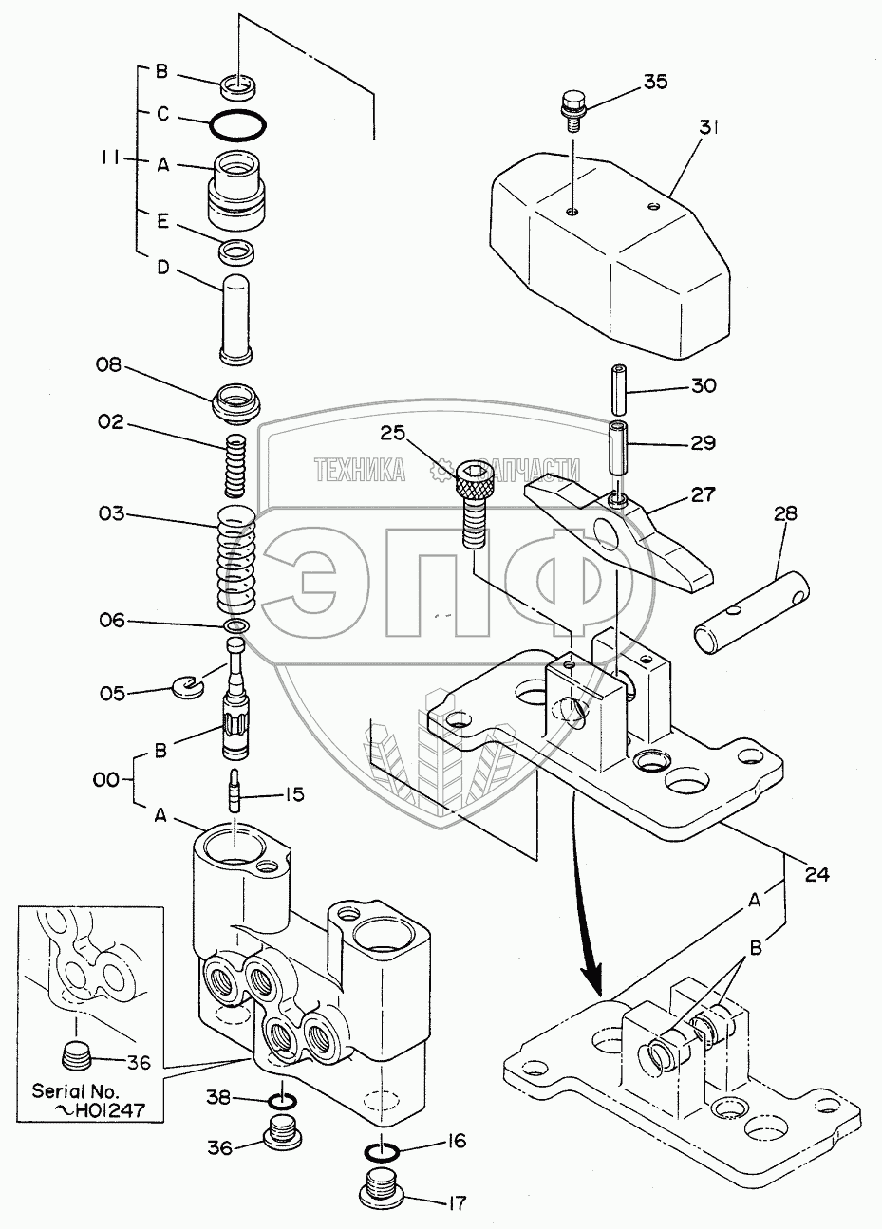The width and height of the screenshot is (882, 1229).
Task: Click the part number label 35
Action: pyautogui.click(x=655, y=82)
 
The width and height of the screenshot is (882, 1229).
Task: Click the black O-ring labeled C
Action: pyautogui.click(x=238, y=123)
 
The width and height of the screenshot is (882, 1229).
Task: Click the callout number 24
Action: pyautogui.click(x=816, y=874)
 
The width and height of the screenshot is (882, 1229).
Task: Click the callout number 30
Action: pyautogui.click(x=703, y=386)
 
